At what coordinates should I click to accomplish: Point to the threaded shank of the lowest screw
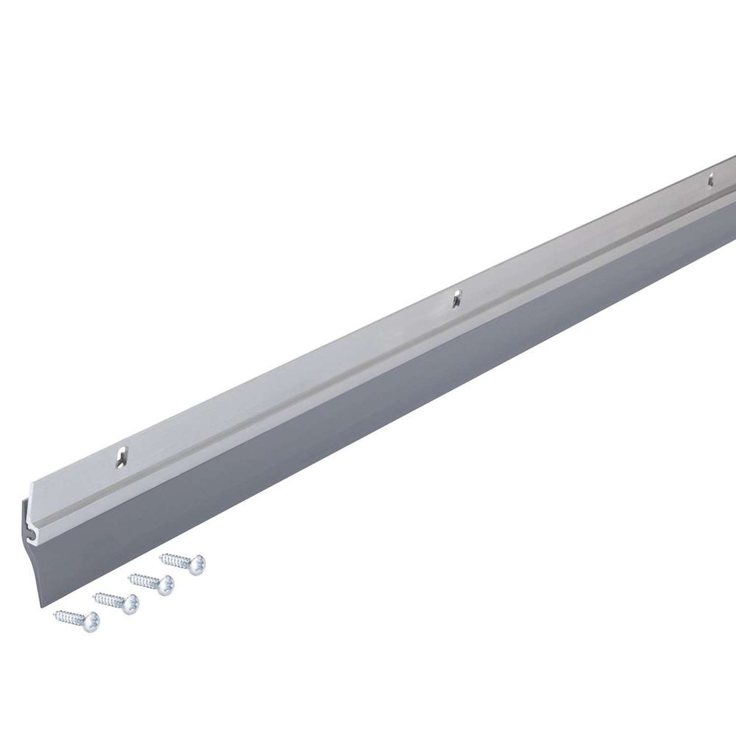click(70, 617)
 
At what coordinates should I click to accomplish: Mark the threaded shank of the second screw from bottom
click(109, 599)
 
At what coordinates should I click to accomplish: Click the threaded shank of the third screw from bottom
click(144, 580)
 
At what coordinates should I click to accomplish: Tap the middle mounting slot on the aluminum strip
click(457, 298)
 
